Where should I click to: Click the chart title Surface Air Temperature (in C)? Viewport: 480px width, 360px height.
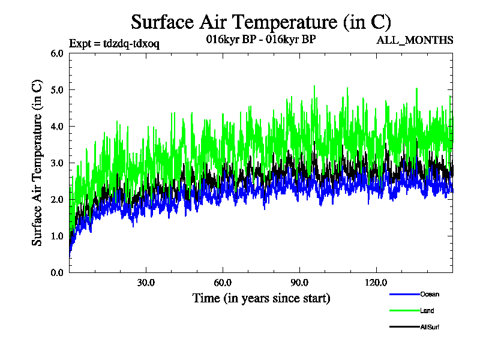pos(261,22)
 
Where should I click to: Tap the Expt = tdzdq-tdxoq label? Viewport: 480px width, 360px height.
pos(114,43)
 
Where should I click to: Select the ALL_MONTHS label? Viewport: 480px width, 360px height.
pos(414,40)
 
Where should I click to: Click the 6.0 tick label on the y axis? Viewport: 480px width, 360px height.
pos(57,53)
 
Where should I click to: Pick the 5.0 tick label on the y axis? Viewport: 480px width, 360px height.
pos(57,89)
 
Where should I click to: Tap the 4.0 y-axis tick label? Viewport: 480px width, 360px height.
pos(57,126)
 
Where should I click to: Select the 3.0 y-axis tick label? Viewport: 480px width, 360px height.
pos(57,163)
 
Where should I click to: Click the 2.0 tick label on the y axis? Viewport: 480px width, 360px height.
pos(57,199)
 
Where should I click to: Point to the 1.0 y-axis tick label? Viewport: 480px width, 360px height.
pos(57,236)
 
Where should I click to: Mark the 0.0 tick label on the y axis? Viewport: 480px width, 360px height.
pos(57,272)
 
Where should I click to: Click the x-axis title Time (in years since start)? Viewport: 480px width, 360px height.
pos(261,298)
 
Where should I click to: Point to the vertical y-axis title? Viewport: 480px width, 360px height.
pos(37,163)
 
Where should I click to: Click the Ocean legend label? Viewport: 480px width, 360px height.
pos(430,294)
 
